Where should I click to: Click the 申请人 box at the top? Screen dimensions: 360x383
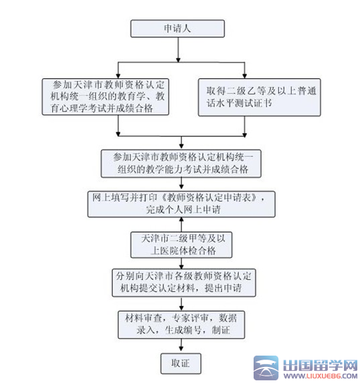click(x=177, y=29)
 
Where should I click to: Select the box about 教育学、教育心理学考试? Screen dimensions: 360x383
click(x=106, y=97)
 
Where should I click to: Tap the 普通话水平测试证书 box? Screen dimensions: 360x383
click(x=259, y=97)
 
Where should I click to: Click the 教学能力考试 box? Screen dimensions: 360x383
click(x=181, y=163)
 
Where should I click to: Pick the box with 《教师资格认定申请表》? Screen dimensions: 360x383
click(x=181, y=205)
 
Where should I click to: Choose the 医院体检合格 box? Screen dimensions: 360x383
click(x=181, y=245)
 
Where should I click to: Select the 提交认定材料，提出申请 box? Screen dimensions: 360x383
click(x=184, y=283)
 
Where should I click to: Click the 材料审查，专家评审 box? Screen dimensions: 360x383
click(x=181, y=325)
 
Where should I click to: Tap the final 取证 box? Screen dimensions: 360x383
click(x=181, y=364)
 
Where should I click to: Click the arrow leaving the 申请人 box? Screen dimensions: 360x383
click(x=178, y=49)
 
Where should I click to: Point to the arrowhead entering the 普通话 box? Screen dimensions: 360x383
click(x=244, y=76)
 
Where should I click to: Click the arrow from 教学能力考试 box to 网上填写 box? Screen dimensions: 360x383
click(x=181, y=184)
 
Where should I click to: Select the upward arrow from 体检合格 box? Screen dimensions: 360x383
click(x=181, y=225)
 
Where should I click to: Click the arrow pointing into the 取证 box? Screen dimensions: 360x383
click(x=181, y=346)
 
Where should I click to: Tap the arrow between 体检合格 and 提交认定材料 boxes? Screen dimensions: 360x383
click(x=181, y=263)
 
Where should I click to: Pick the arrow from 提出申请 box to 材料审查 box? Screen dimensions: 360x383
click(x=181, y=304)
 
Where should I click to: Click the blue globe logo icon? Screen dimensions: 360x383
click(x=266, y=368)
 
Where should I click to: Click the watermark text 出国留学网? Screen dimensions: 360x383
click(x=321, y=366)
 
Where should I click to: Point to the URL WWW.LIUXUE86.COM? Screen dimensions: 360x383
click(x=321, y=376)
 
